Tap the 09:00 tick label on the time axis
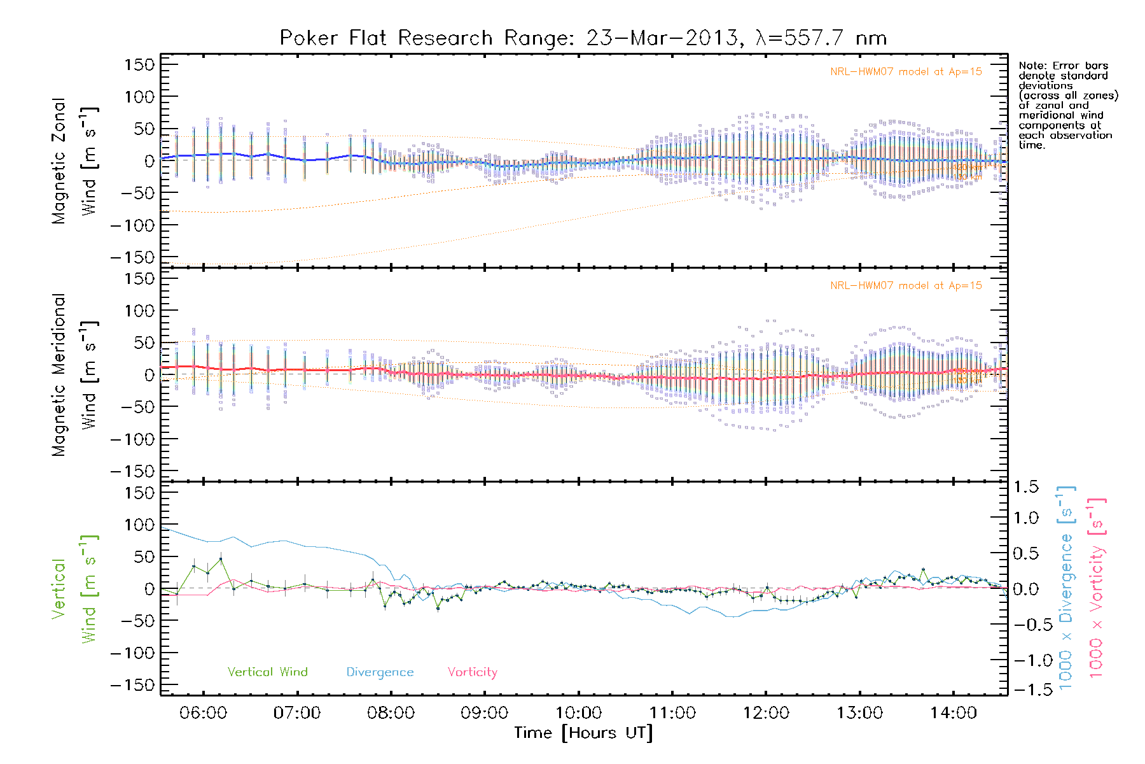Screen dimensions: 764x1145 (485, 713)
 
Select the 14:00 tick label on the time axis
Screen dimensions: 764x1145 (953, 713)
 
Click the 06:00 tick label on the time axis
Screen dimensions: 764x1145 (203, 713)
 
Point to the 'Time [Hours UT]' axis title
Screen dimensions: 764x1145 (583, 733)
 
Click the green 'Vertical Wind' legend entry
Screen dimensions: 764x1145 (267, 672)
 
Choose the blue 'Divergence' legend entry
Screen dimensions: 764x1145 (380, 672)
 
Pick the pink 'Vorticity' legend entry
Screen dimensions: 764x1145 (472, 672)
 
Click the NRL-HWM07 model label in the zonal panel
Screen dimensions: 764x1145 (906, 72)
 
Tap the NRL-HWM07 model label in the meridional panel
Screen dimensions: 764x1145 (906, 286)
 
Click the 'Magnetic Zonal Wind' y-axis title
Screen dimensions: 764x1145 (74, 160)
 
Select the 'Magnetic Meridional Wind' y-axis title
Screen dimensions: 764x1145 (74, 374)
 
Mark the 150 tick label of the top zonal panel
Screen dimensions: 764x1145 (139, 64)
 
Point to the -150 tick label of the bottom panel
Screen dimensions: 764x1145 (132, 686)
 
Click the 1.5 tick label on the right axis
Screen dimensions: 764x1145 (1025, 487)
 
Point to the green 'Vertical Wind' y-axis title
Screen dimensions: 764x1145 (74, 590)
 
